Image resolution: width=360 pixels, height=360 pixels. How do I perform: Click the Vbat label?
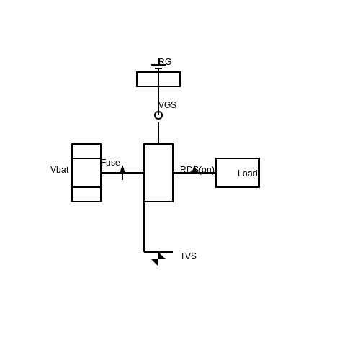(60, 170)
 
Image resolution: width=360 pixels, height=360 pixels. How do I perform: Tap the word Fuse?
(110, 163)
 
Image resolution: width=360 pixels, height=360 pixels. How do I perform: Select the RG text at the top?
(165, 62)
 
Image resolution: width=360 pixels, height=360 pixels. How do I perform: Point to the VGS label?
(167, 105)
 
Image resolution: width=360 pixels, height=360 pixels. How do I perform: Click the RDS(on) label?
(197, 170)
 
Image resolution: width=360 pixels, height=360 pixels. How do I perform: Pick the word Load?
(248, 174)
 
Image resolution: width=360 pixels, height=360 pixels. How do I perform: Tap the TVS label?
(188, 256)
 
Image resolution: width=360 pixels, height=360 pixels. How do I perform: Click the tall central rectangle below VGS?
(144, 173)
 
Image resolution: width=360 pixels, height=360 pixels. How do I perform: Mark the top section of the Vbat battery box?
(86, 144)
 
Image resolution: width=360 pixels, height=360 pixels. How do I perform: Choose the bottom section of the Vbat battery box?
(86, 202)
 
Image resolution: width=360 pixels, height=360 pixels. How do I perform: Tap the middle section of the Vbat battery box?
(72, 173)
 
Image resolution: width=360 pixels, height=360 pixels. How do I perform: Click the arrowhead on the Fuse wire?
(122, 169)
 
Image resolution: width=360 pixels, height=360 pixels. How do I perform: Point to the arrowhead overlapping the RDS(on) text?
(194, 169)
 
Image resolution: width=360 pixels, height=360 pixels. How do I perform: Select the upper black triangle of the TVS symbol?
(161, 256)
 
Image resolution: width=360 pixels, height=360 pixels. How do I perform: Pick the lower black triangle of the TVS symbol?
(156, 262)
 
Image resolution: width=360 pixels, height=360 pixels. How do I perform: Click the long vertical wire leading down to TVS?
(144, 227)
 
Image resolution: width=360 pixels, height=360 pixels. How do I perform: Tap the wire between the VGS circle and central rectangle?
(158, 133)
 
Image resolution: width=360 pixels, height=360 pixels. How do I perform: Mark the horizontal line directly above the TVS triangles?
(158, 252)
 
